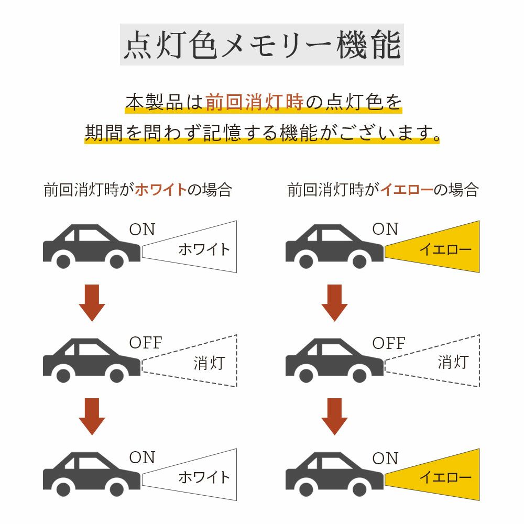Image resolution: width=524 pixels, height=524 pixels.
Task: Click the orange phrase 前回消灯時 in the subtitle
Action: (x=254, y=102)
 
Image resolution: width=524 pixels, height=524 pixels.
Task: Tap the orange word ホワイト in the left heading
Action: (x=161, y=189)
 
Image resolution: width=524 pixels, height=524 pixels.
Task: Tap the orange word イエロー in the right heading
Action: (x=407, y=189)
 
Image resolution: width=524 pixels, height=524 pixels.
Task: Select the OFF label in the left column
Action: (x=146, y=343)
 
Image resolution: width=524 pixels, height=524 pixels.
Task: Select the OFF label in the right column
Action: (x=389, y=343)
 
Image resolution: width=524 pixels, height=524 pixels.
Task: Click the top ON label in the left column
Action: (x=142, y=229)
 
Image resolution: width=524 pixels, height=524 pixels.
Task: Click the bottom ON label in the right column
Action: (x=385, y=458)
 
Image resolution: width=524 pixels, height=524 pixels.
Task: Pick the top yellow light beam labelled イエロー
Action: (x=435, y=248)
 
